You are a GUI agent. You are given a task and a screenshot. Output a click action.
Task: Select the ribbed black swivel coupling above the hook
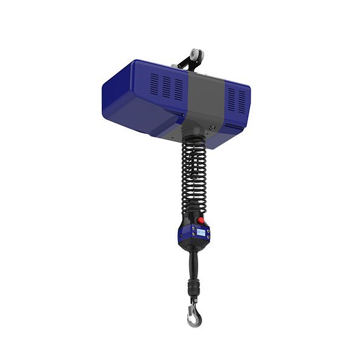coord(195,283)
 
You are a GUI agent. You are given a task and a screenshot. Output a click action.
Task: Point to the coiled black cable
coord(194,176)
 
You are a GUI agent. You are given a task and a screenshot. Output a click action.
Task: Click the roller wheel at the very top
coord(195,56)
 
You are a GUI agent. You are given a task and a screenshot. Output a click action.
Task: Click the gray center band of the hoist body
coord(203,97)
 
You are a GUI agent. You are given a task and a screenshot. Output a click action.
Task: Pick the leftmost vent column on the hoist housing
coord(154,85)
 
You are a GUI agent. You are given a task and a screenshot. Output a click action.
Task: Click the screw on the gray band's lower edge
coord(212,127)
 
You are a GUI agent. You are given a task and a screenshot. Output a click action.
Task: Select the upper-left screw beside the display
coord(186,227)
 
